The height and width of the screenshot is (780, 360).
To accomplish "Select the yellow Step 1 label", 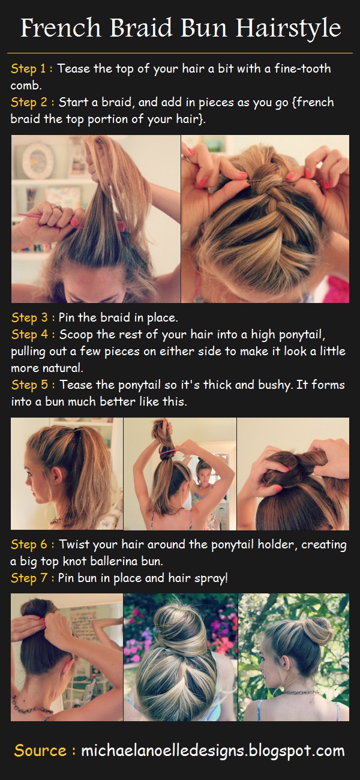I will (x=31, y=68).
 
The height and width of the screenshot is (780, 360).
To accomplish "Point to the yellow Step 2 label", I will (x=31, y=103).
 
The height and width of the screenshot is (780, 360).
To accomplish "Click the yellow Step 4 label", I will (x=31, y=334).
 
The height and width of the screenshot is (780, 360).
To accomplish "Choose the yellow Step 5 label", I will (x=31, y=385).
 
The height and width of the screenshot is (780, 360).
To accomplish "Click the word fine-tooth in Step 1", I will (x=300, y=68).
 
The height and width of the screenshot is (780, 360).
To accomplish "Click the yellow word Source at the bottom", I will (x=40, y=751).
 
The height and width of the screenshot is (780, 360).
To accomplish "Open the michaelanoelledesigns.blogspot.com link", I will (x=213, y=751).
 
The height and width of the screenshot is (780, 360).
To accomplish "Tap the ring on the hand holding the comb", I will (x=56, y=208).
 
